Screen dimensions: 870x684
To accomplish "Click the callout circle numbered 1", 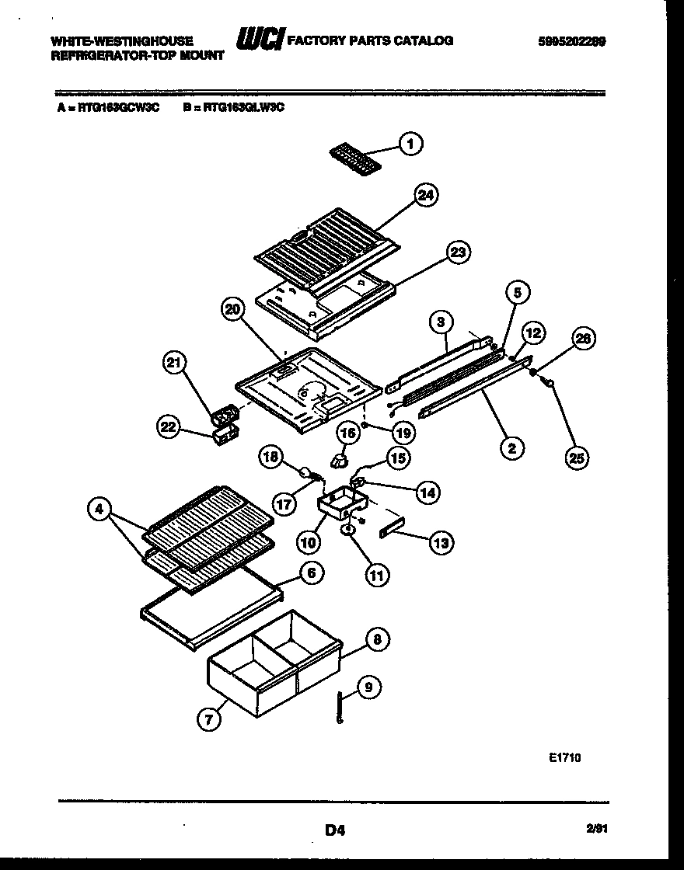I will pos(411,143).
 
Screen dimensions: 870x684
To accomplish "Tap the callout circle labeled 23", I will pos(459,252).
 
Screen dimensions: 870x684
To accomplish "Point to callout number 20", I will pos(232,310).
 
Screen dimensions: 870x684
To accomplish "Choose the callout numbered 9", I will pos(369,687).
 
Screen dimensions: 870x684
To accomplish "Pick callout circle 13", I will pos(441,544).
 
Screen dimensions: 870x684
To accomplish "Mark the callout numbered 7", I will pos(208,719).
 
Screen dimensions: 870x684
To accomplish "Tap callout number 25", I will pos(576,458).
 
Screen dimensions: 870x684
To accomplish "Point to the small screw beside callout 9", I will pos(340,708).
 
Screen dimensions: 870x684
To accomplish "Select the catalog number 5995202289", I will pos(571,41).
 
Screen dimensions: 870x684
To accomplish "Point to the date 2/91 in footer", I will pos(596,830).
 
